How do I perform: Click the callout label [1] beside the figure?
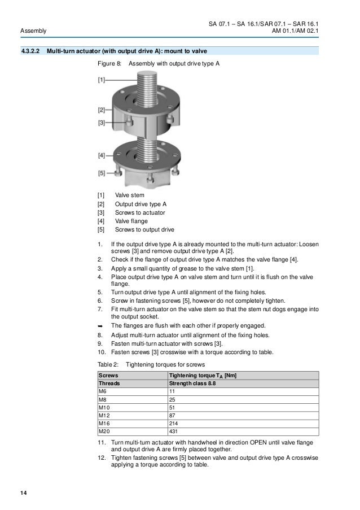pos(102,80)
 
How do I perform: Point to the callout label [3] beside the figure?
pos(102,122)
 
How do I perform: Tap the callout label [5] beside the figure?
pos(102,173)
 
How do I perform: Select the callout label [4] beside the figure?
pos(102,154)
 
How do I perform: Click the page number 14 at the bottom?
pos(23,495)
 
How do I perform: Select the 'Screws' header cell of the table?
pos(108,374)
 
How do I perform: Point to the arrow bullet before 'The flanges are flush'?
pos(100,326)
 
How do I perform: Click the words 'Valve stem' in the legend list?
pos(129,195)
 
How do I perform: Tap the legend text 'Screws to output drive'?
pos(144,229)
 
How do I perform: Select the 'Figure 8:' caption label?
pos(109,64)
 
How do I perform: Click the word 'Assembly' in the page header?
pos(33,30)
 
